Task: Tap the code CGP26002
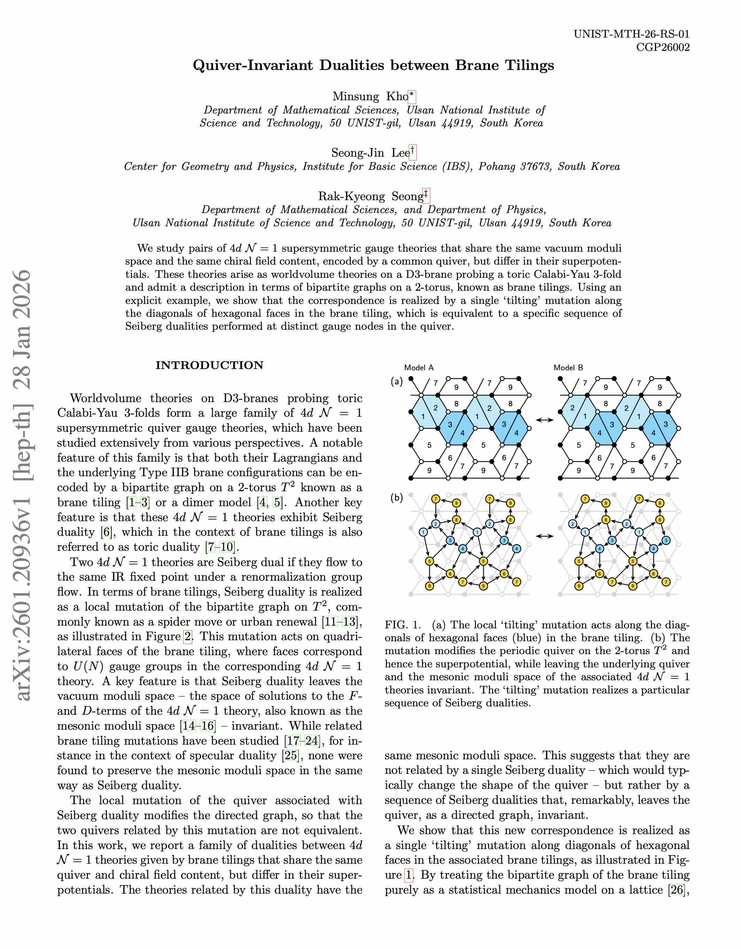[x=662, y=47]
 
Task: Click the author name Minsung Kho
[x=370, y=96]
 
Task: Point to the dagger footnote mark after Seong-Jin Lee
[x=412, y=152]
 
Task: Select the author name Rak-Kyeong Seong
[x=370, y=196]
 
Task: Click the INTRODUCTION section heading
[x=210, y=365]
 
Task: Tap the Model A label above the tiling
[x=419, y=368]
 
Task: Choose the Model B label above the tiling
[x=568, y=368]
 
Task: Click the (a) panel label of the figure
[x=396, y=382]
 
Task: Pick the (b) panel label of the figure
[x=396, y=497]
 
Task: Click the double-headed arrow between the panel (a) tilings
[x=545, y=420]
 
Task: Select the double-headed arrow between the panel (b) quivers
[x=545, y=536]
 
